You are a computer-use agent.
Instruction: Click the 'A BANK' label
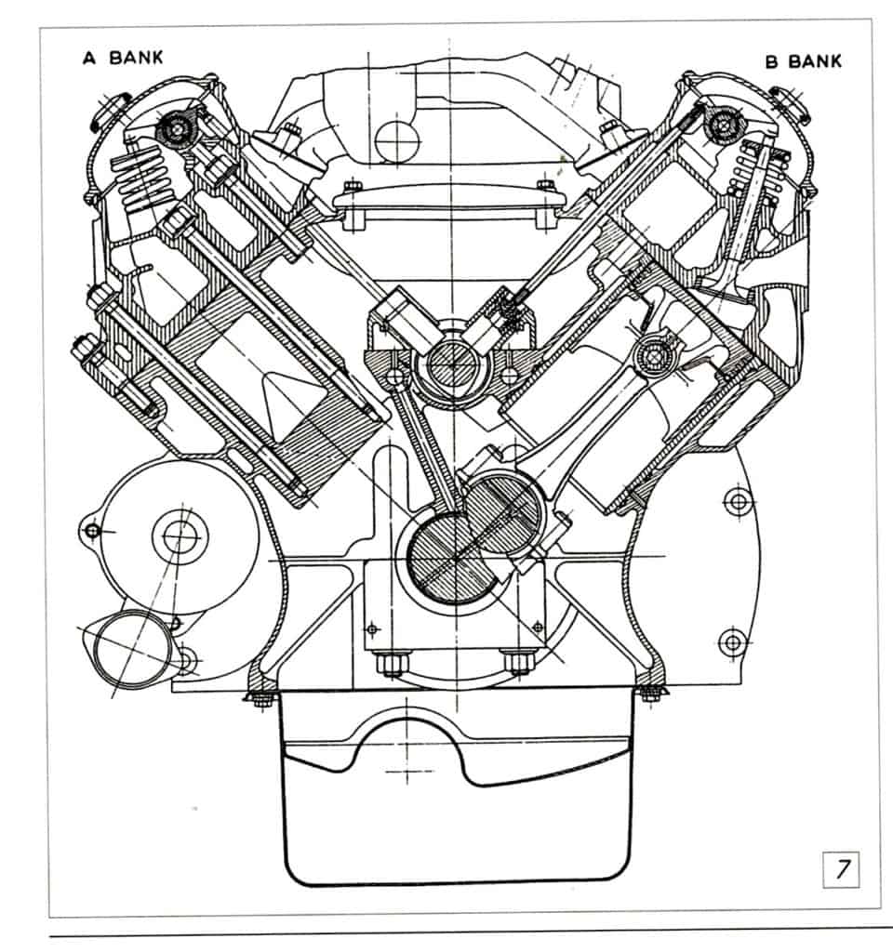pyautogui.click(x=124, y=58)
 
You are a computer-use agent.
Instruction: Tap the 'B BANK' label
pyautogui.click(x=803, y=61)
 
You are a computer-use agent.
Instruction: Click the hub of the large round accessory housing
pyautogui.click(x=177, y=534)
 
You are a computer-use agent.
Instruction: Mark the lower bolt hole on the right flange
pyautogui.click(x=733, y=641)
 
